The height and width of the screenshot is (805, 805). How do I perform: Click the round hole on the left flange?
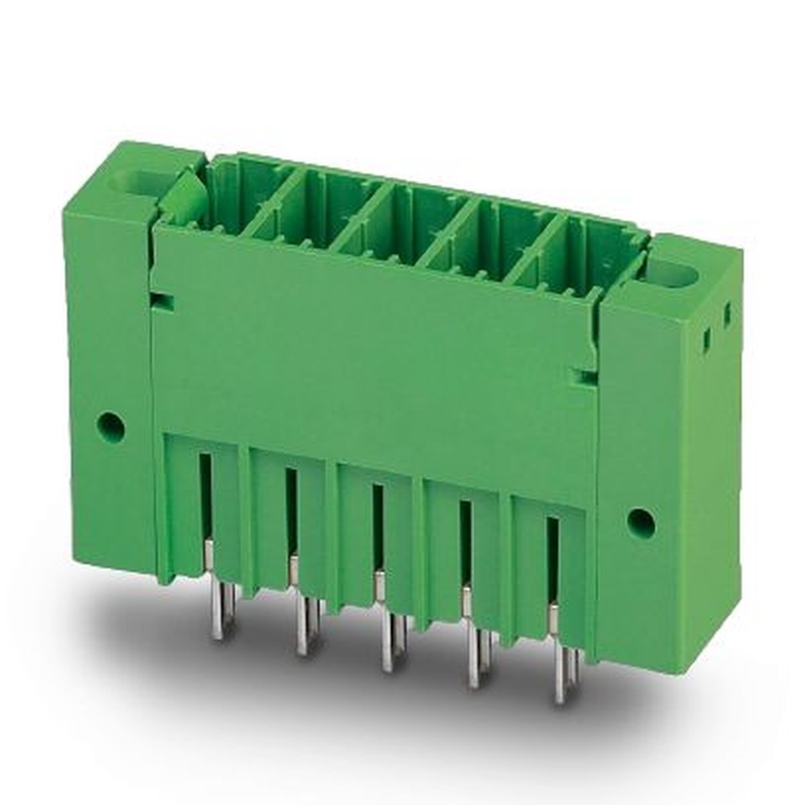point(111,427)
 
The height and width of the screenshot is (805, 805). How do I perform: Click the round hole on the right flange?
point(641,523)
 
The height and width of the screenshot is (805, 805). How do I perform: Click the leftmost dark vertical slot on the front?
point(205,495)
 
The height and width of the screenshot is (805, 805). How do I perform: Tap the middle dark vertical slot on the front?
point(378,527)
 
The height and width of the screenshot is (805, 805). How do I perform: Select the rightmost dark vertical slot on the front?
point(552,559)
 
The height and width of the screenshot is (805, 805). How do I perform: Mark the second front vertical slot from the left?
point(291,511)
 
